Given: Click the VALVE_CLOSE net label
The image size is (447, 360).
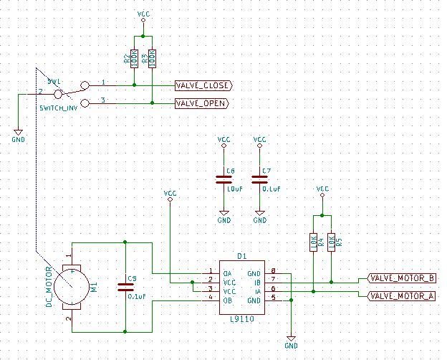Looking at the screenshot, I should click(203, 85).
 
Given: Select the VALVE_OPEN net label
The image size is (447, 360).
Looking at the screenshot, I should click(201, 103).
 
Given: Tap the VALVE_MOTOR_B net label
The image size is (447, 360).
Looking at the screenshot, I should click(400, 278).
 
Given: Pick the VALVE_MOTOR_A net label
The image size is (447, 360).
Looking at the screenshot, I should click(400, 295).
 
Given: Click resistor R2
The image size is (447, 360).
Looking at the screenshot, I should click(135, 58).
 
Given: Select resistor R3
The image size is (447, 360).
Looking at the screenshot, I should click(153, 58).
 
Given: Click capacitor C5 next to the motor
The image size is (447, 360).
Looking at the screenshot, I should click(125, 287).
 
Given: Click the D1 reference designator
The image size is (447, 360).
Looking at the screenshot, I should click(242, 256).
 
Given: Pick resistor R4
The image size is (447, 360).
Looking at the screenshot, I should click(313, 242).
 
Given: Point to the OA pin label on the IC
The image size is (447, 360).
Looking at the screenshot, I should click(228, 273).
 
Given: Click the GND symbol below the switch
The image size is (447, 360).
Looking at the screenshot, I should click(18, 133).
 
